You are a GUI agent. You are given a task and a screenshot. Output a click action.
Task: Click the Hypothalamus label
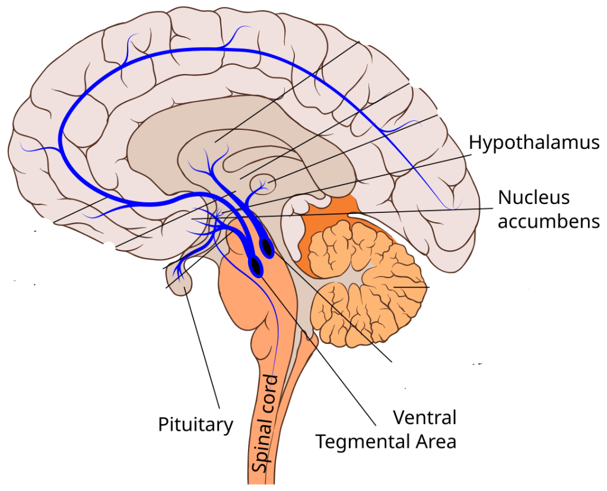pos(533,143)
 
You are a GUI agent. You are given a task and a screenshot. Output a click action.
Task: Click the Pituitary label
pos(195,425)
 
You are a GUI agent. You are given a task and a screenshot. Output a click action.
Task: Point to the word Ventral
pos(425,417)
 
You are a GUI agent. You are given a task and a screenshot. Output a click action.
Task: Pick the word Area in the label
pos(438,442)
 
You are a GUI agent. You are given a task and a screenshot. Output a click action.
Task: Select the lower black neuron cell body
pos(256,266)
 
